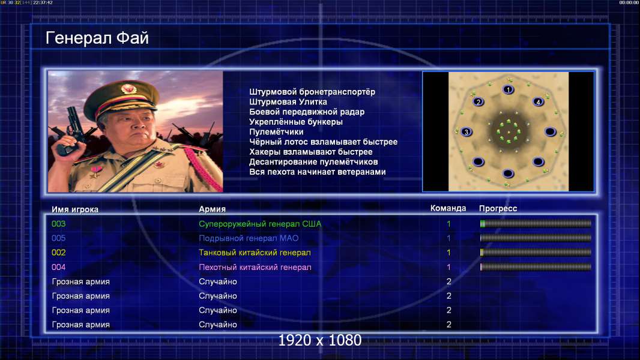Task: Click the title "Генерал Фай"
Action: pyautogui.click(x=97, y=38)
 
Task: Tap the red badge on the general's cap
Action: pyautogui.click(x=128, y=89)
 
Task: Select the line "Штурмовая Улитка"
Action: pyautogui.click(x=288, y=102)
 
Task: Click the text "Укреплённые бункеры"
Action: pyautogui.click(x=295, y=122)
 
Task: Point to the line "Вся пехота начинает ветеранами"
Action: pyautogui.click(x=317, y=172)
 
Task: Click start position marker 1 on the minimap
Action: pyautogui.click(x=508, y=89)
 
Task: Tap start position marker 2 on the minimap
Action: pyautogui.click(x=478, y=101)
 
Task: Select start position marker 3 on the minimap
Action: pyautogui.click(x=466, y=131)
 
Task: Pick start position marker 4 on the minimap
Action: pyautogui.click(x=538, y=101)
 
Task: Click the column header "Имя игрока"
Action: pyautogui.click(x=74, y=209)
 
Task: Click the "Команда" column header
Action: pyautogui.click(x=448, y=208)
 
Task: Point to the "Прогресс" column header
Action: pyautogui.click(x=498, y=209)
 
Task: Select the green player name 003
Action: pyautogui.click(x=58, y=224)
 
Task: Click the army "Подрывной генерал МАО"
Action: pyautogui.click(x=248, y=238)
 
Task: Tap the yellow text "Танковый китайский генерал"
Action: pyautogui.click(x=255, y=253)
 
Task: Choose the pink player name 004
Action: pyautogui.click(x=58, y=268)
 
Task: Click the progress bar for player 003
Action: pyautogui.click(x=536, y=223)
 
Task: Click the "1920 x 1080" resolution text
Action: pyautogui.click(x=319, y=340)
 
